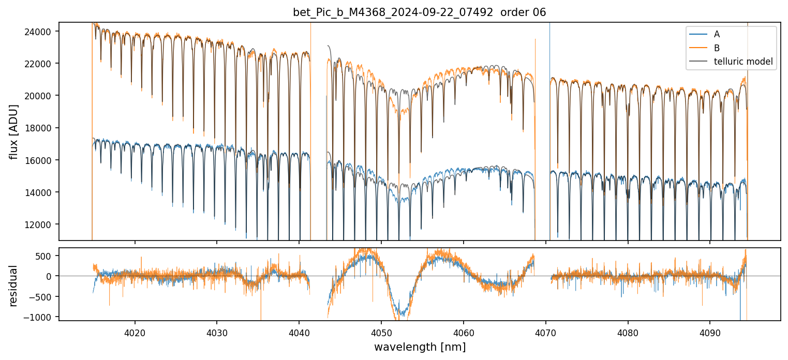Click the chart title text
click(x=419, y=12)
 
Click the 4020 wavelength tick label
click(x=135, y=332)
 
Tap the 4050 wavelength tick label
click(x=381, y=332)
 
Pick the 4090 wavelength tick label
click(x=709, y=332)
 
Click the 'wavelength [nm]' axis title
click(x=420, y=347)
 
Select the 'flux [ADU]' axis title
click(x=14, y=131)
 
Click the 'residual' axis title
click(x=14, y=286)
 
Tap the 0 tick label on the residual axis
click(x=51, y=276)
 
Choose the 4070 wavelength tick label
click(x=545, y=332)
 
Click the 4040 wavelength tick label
click(x=299, y=332)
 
